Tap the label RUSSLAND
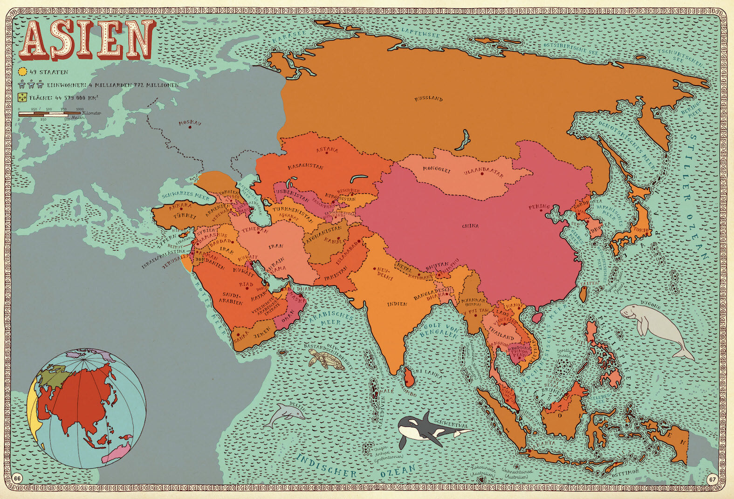pyautogui.click(x=428, y=99)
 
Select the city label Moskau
pyautogui.click(x=190, y=123)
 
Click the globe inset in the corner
pyautogui.click(x=87, y=408)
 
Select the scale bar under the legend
pyautogui.click(x=49, y=113)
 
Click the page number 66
pyautogui.click(x=18, y=478)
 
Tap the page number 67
pyautogui.click(x=712, y=478)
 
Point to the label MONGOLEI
pyautogui.click(x=437, y=170)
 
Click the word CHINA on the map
pyautogui.click(x=470, y=226)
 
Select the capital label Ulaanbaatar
pyautogui.click(x=484, y=173)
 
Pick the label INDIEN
pyautogui.click(x=397, y=304)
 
